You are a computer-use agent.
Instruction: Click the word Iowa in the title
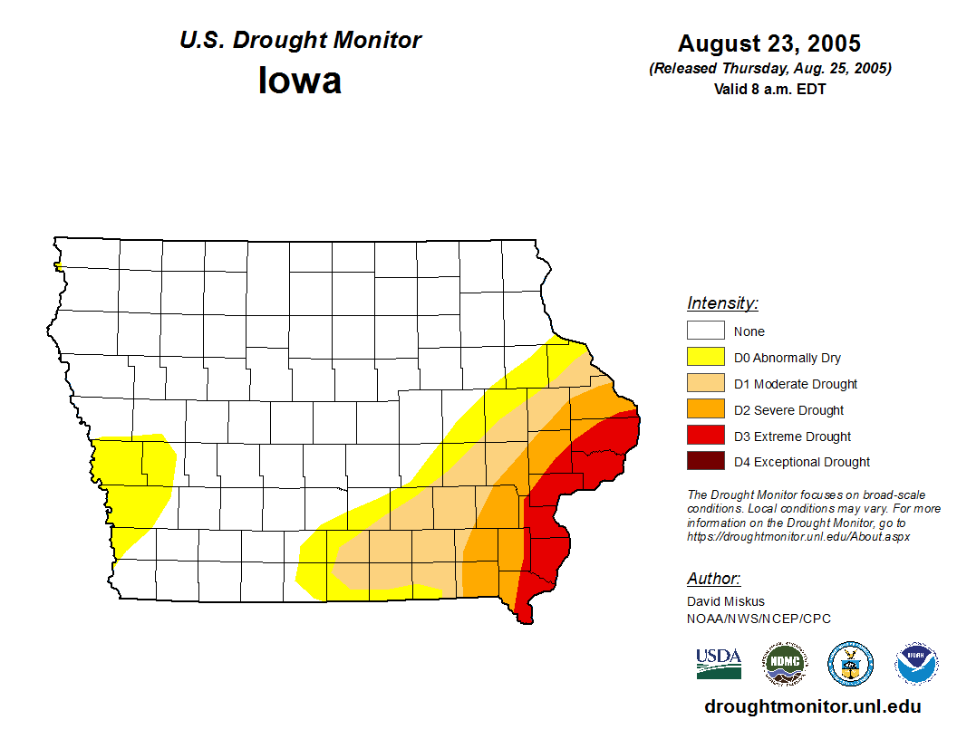(300, 81)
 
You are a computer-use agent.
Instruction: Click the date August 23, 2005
(769, 43)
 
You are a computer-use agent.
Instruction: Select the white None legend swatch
(705, 331)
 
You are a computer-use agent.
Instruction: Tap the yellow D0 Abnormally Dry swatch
(705, 357)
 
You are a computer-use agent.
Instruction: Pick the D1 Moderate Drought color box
(705, 383)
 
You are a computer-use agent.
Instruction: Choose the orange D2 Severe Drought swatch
(705, 409)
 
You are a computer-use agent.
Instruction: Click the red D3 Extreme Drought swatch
(705, 436)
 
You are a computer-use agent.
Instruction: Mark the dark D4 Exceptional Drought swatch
(705, 461)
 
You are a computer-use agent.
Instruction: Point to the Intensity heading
(722, 303)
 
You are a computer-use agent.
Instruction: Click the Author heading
(714, 579)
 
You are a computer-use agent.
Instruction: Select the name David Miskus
(726, 601)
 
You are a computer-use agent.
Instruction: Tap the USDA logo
(719, 663)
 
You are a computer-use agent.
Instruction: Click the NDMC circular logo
(785, 663)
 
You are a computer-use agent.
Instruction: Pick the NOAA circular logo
(916, 663)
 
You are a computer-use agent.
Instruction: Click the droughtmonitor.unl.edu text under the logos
(813, 707)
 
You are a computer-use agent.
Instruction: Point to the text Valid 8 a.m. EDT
(769, 89)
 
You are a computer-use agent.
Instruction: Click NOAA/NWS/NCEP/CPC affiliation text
(759, 619)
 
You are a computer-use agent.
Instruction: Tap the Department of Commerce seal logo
(851, 663)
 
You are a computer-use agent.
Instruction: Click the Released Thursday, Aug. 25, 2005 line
(769, 69)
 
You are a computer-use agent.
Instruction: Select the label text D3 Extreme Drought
(792, 437)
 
